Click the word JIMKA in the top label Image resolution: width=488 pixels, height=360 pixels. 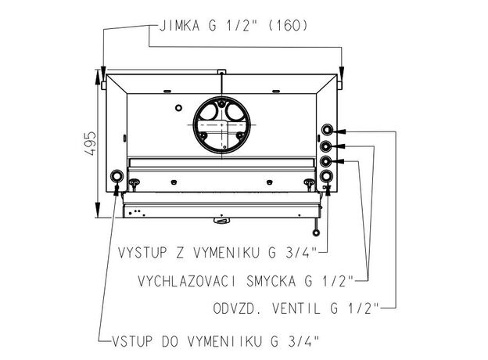179,26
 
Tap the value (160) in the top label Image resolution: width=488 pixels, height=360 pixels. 288,26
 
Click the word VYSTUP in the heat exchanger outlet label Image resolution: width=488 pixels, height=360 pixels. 142,253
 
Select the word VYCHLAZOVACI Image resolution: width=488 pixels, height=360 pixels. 187,281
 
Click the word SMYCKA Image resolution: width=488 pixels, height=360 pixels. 271,281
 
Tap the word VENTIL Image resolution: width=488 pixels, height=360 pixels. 296,308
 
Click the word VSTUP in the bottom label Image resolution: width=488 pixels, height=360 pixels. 132,341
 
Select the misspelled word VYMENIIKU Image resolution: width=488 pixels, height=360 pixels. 225,341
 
